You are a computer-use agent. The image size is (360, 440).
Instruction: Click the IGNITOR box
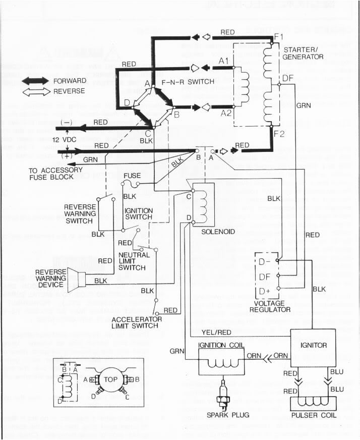313,346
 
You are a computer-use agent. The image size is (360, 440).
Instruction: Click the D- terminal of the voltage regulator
265,262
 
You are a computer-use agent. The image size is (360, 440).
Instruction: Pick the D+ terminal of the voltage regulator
265,291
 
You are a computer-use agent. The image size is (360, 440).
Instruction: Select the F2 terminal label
279,134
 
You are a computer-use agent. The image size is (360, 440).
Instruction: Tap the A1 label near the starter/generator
225,61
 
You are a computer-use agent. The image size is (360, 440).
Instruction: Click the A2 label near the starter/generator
225,114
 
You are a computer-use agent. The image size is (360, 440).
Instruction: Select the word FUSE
132,176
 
